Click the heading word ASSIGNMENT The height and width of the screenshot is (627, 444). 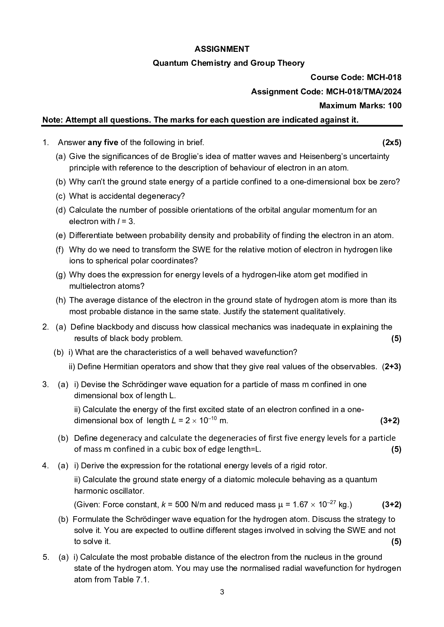pos(222,49)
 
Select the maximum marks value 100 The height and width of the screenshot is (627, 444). pos(395,105)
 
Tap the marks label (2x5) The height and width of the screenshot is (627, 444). pos(392,143)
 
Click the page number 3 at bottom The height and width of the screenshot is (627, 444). pos(222,592)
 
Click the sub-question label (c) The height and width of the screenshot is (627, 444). pos(60,196)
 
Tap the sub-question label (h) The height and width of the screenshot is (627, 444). pos(60,300)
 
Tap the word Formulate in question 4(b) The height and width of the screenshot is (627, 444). pos(91,519)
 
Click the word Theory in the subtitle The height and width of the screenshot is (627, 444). pos(293,63)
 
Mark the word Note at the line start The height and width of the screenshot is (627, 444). pos(52,120)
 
